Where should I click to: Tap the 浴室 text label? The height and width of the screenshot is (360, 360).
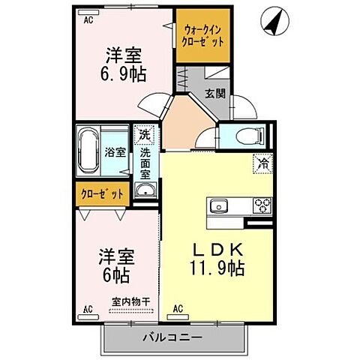coord(115,151)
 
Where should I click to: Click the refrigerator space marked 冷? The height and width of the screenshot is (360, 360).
coord(262,161)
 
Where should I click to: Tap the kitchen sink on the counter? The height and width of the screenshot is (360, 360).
coord(221,205)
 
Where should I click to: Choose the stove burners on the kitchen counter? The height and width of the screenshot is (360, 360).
coord(262,205)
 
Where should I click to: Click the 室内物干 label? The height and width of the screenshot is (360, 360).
coord(131,301)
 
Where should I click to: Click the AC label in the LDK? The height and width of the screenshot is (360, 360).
coord(178,308)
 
